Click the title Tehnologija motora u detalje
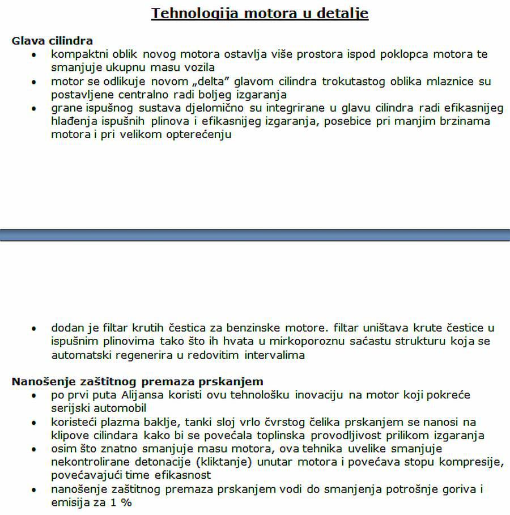pyautogui.click(x=260, y=13)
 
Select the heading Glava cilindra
pyautogui.click(x=52, y=41)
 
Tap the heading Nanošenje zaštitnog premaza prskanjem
pyautogui.click(x=137, y=381)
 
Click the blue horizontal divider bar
pyautogui.click(x=255, y=235)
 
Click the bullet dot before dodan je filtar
pyautogui.click(x=35, y=329)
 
